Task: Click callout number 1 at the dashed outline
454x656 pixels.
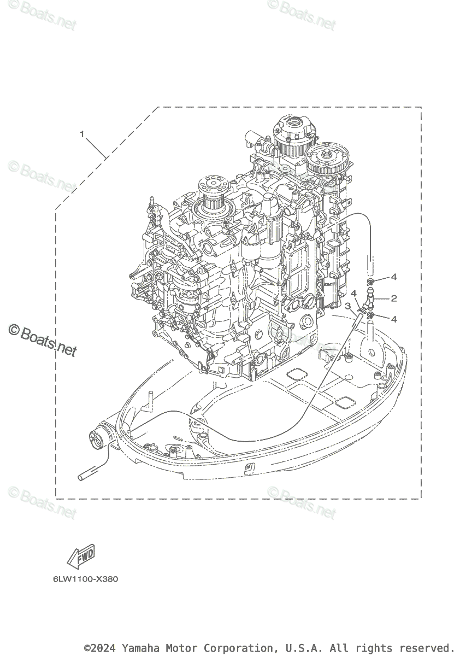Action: [x=82, y=133]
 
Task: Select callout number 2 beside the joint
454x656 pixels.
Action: [x=393, y=298]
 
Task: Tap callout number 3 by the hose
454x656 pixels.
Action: [x=347, y=306]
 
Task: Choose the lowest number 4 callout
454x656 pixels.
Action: [x=393, y=319]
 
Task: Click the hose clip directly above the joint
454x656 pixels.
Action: [x=371, y=282]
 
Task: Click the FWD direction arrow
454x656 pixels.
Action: [x=81, y=557]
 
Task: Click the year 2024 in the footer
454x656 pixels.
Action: [x=106, y=648]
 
